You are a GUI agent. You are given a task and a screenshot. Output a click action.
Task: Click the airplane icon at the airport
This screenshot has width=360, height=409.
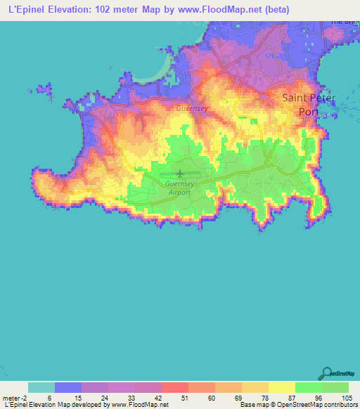tap(180, 174)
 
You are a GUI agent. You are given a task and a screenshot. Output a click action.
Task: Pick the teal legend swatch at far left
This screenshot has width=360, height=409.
tap(41, 387)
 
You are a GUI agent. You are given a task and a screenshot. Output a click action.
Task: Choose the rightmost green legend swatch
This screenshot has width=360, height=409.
tap(335, 387)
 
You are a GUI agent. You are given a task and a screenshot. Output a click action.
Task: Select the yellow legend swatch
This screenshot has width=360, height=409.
tap(282, 387)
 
